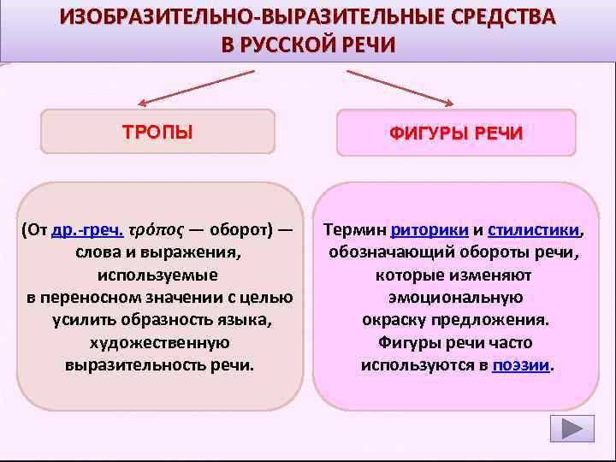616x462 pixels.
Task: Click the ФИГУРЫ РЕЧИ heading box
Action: coord(455,134)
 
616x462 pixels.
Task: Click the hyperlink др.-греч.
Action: coord(88,230)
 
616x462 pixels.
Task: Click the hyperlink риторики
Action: coord(429,230)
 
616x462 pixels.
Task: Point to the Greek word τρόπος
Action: coord(157,230)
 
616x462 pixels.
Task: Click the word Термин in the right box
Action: coord(352,230)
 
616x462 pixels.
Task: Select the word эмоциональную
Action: coord(454,297)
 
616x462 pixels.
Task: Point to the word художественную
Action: coord(159,341)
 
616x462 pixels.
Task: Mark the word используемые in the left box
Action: coord(159,275)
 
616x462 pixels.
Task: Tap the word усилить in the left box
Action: coord(74,319)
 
